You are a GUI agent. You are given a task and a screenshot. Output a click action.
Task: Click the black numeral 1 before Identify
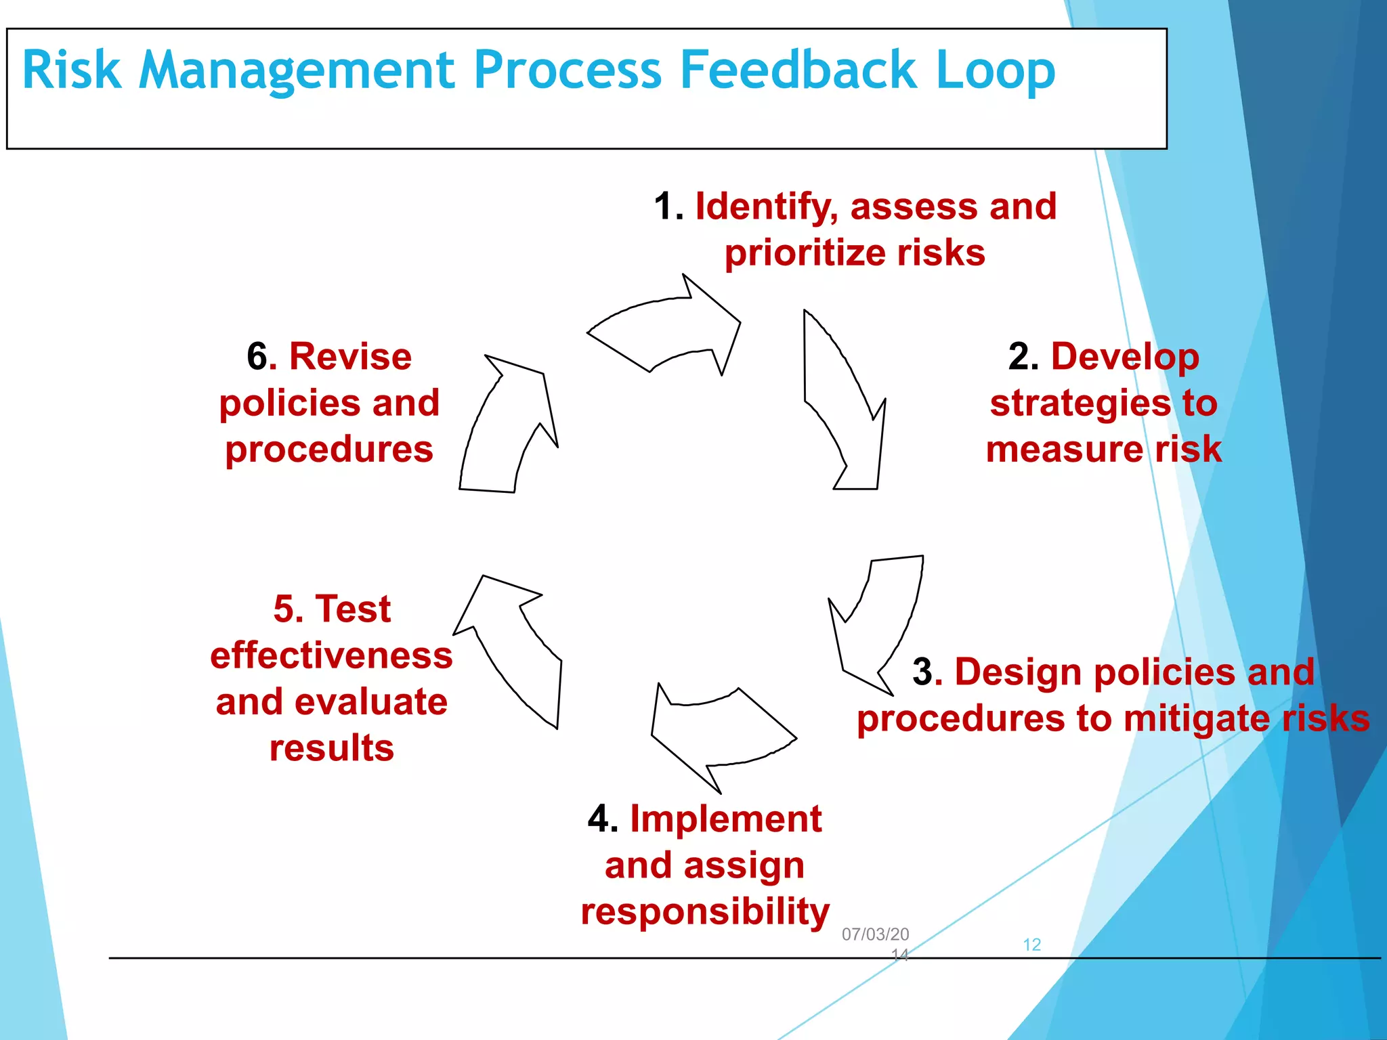[x=667, y=206]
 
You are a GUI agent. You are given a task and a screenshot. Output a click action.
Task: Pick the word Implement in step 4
[x=725, y=819]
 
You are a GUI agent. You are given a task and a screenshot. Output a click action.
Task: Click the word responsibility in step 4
[x=704, y=911]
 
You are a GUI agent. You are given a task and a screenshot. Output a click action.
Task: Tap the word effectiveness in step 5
[x=331, y=655]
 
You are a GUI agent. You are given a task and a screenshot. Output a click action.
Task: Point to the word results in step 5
[x=331, y=748]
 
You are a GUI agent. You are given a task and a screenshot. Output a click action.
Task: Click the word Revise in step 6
[x=350, y=357]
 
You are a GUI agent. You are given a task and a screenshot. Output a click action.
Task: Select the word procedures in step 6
[x=328, y=450]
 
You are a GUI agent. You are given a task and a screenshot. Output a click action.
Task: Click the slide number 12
[x=1031, y=945]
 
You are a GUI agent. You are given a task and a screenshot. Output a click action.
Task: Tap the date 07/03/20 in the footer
[x=875, y=934]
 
